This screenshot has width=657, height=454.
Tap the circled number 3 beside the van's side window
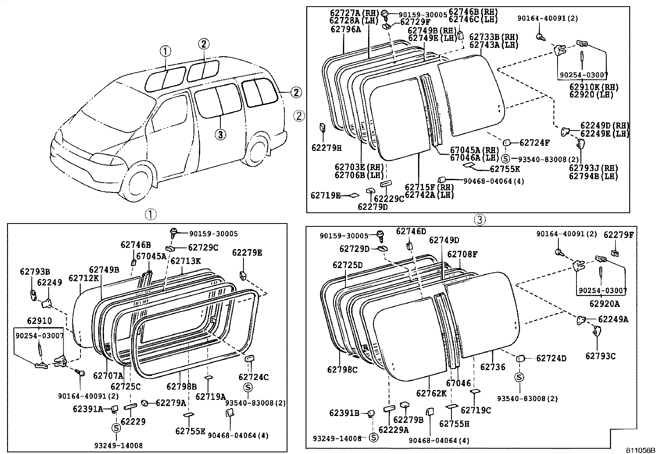[220, 134]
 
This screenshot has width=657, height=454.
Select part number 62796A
[345, 29]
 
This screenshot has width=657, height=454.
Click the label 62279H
[326, 147]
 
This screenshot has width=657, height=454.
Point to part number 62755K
[505, 169]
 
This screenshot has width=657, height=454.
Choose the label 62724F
[534, 143]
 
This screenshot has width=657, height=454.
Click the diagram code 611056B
[639, 449]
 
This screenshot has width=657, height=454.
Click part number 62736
[493, 367]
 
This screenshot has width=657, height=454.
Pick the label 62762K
[431, 394]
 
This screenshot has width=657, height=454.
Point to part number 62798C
[343, 369]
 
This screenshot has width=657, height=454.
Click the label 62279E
[247, 252]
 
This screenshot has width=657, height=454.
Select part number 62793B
[35, 271]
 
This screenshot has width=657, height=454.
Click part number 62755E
[190, 431]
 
